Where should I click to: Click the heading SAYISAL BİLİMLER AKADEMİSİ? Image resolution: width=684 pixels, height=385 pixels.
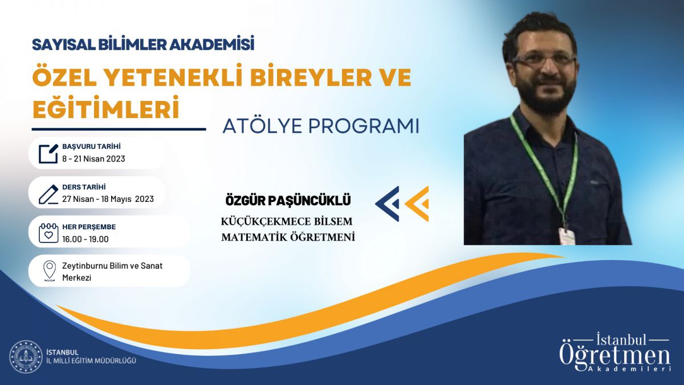[143, 44]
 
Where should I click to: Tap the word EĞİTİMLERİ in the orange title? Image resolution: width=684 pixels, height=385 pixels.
[105, 108]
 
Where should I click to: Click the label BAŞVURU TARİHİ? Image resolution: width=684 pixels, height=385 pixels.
[91, 147]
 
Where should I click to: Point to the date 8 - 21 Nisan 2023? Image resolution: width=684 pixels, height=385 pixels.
[93, 159]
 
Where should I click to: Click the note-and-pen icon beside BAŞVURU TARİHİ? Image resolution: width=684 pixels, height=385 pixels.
[48, 153]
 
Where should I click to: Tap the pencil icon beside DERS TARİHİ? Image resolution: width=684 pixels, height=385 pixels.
[48, 194]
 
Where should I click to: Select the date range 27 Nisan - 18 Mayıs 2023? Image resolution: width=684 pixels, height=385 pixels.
[108, 199]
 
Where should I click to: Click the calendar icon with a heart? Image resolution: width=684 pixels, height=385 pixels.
[48, 233]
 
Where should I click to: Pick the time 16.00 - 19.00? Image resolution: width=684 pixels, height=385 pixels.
[85, 239]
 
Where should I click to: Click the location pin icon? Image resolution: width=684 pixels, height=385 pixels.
[49, 271]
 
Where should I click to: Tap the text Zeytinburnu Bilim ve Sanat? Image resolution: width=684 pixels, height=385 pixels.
[112, 266]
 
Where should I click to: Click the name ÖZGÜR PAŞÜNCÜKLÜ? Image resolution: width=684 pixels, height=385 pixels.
[288, 201]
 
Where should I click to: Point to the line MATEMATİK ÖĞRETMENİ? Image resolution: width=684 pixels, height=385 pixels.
[288, 237]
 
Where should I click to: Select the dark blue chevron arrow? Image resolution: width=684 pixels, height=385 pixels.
[387, 204]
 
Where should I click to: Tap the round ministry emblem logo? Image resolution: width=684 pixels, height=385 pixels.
[26, 356]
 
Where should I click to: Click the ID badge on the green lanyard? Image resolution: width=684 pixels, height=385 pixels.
[567, 236]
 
